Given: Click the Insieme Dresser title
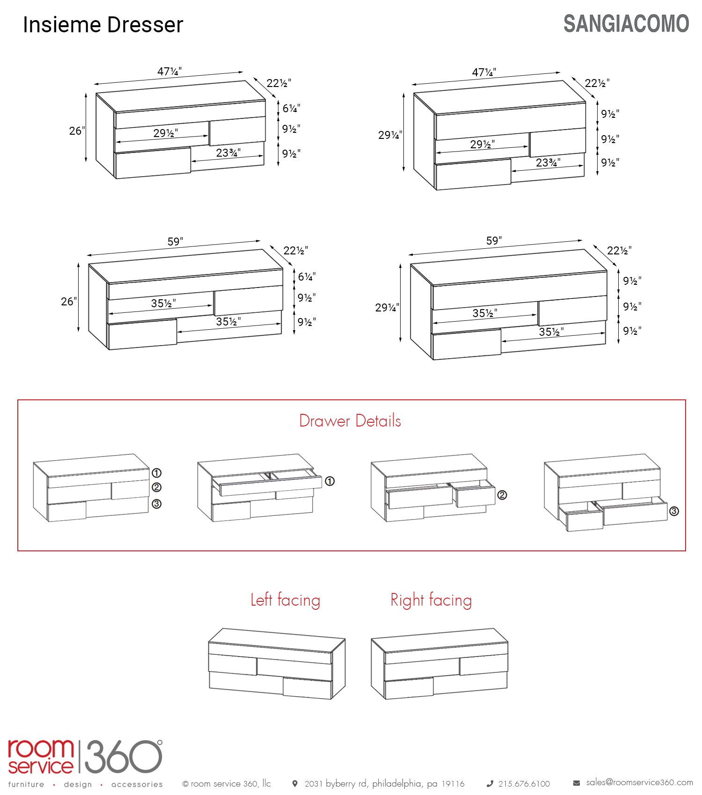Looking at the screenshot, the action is [x=103, y=25].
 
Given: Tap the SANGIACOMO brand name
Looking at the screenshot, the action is [x=626, y=24].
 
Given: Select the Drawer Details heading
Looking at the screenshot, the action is [x=350, y=421].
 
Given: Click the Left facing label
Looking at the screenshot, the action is [x=285, y=600].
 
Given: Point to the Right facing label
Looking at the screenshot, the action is [x=431, y=600].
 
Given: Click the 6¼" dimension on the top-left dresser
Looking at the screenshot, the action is [x=291, y=108].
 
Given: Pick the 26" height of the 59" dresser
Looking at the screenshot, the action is [x=69, y=302].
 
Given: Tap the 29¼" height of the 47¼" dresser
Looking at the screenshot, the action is [x=390, y=135].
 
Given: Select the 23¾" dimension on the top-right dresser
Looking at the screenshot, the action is [x=548, y=163].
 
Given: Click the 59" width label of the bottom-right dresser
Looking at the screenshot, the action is [x=494, y=241].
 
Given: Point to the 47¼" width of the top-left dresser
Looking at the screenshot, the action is [x=169, y=72].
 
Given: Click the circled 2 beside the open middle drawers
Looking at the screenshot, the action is [x=502, y=495].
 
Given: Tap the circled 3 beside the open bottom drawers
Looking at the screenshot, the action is [x=674, y=511].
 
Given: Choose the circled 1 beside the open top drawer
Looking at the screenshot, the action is [x=330, y=481].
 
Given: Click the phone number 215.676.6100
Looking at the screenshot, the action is [x=524, y=784].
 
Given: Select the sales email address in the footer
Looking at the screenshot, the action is [x=640, y=782].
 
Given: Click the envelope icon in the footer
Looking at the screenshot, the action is [x=577, y=783].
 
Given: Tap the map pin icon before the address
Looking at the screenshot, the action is [x=295, y=783].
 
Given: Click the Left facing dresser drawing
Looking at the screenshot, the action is [x=277, y=664].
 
